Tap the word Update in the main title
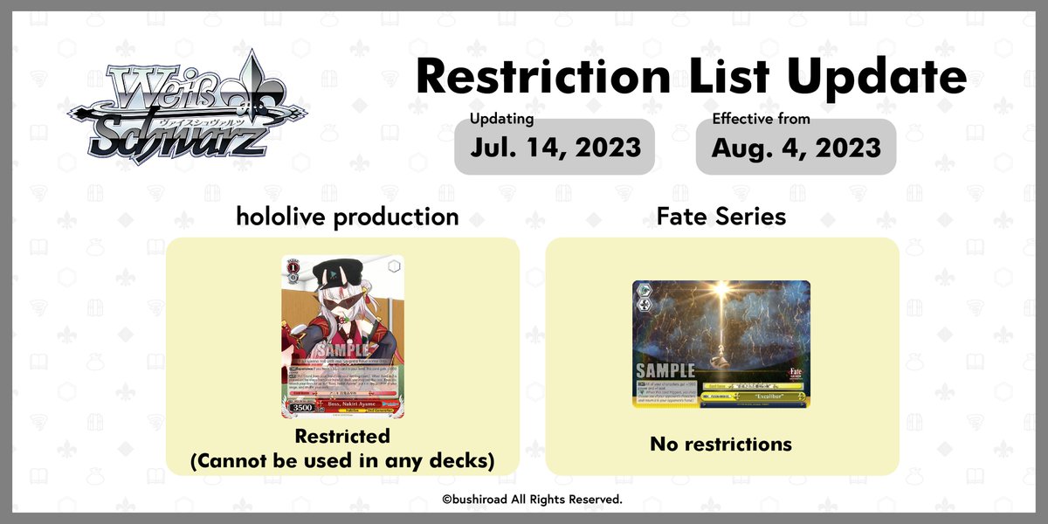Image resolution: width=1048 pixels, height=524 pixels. coord(878,78)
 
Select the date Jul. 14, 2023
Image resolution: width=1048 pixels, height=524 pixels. coord(555,147)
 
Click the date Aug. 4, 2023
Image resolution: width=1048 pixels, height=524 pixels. coord(796,147)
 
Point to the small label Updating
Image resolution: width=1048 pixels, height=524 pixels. coord(501,119)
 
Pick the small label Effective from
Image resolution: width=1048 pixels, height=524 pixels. coord(761,119)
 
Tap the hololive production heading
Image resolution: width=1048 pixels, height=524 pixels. coord(347,217)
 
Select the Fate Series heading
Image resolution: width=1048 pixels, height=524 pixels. coord(722,217)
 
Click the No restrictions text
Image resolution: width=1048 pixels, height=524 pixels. coord(720,444)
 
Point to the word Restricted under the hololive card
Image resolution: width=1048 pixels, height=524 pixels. coord(342,435)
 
